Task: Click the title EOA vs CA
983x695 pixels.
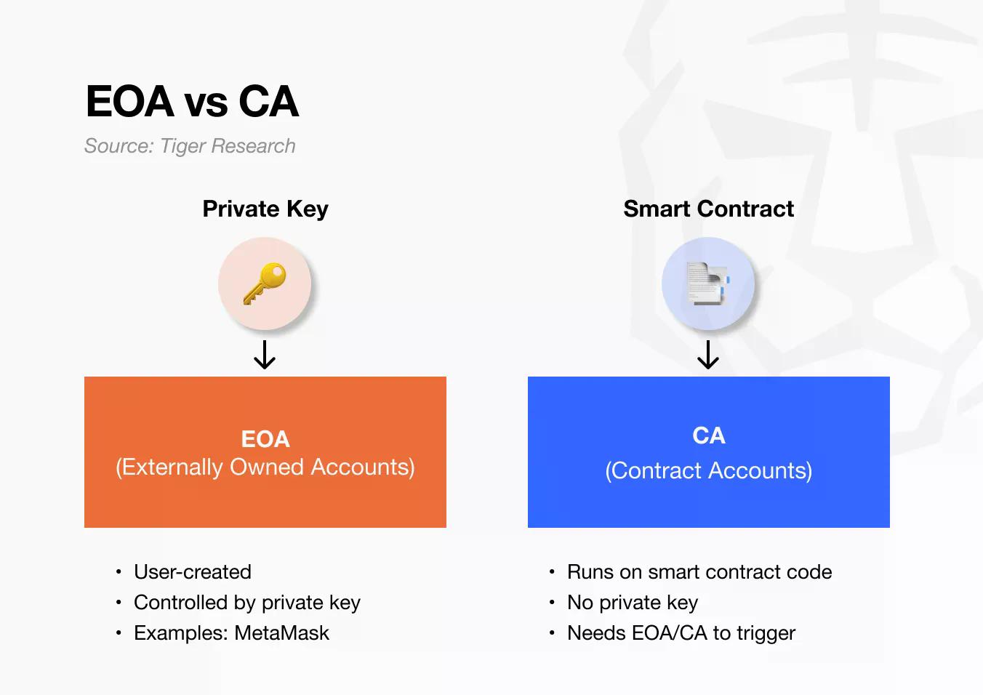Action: [192, 101]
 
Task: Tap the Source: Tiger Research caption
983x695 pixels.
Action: [190, 146]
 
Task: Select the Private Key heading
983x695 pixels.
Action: [265, 209]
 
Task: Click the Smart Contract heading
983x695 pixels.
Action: [708, 209]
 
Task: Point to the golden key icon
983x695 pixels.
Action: [265, 284]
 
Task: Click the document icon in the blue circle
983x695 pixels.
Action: [708, 284]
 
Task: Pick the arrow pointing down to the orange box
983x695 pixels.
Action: [265, 355]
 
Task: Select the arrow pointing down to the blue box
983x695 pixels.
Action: [708, 355]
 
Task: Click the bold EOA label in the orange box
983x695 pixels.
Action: [265, 439]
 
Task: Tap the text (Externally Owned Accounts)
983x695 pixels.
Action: [265, 467]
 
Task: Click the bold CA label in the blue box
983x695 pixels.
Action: [709, 435]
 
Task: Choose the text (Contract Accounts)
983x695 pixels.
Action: [709, 470]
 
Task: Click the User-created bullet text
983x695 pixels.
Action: [193, 572]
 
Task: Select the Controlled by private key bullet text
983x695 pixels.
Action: [247, 603]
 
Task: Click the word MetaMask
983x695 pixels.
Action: [282, 633]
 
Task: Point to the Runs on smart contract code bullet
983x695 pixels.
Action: [699, 572]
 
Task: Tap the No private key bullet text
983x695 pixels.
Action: [633, 603]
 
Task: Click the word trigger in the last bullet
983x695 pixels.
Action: [766, 633]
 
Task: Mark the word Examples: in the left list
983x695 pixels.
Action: [181, 633]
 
